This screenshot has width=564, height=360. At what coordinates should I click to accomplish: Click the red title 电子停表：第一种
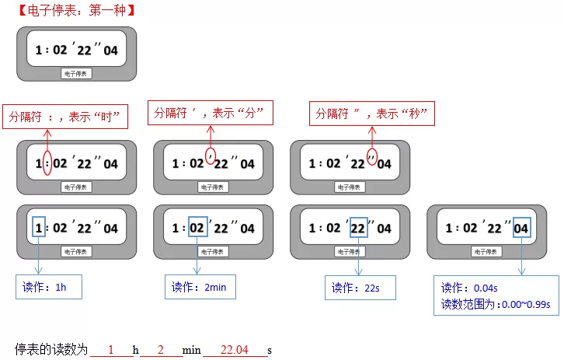pos(77,10)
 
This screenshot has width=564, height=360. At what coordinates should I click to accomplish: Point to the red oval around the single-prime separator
pos(205,156)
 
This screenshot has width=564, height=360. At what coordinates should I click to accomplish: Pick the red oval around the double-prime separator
pos(367,157)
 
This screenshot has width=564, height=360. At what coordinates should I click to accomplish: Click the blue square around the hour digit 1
pos(33,227)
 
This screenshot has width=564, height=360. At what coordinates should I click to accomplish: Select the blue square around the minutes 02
pos(189,227)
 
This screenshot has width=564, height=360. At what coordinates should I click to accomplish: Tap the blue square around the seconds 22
pos(350,228)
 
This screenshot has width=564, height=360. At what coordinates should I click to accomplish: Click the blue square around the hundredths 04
pos(514,228)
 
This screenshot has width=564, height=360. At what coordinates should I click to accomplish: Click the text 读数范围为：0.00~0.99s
pos(496,305)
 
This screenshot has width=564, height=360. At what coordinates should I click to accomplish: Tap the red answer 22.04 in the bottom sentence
pos(234,350)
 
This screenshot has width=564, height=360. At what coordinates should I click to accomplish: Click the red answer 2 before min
pos(161,350)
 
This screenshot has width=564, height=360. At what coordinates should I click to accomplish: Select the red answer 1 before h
pos(111,350)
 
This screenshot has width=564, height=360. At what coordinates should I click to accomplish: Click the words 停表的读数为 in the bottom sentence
pos(51,349)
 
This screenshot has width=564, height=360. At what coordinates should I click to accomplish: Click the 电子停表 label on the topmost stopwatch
pos(76,74)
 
